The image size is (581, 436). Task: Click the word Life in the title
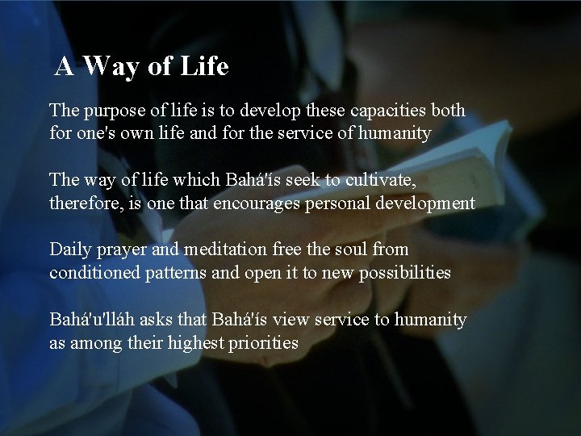[x=201, y=67]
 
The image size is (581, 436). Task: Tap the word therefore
[x=83, y=202]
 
